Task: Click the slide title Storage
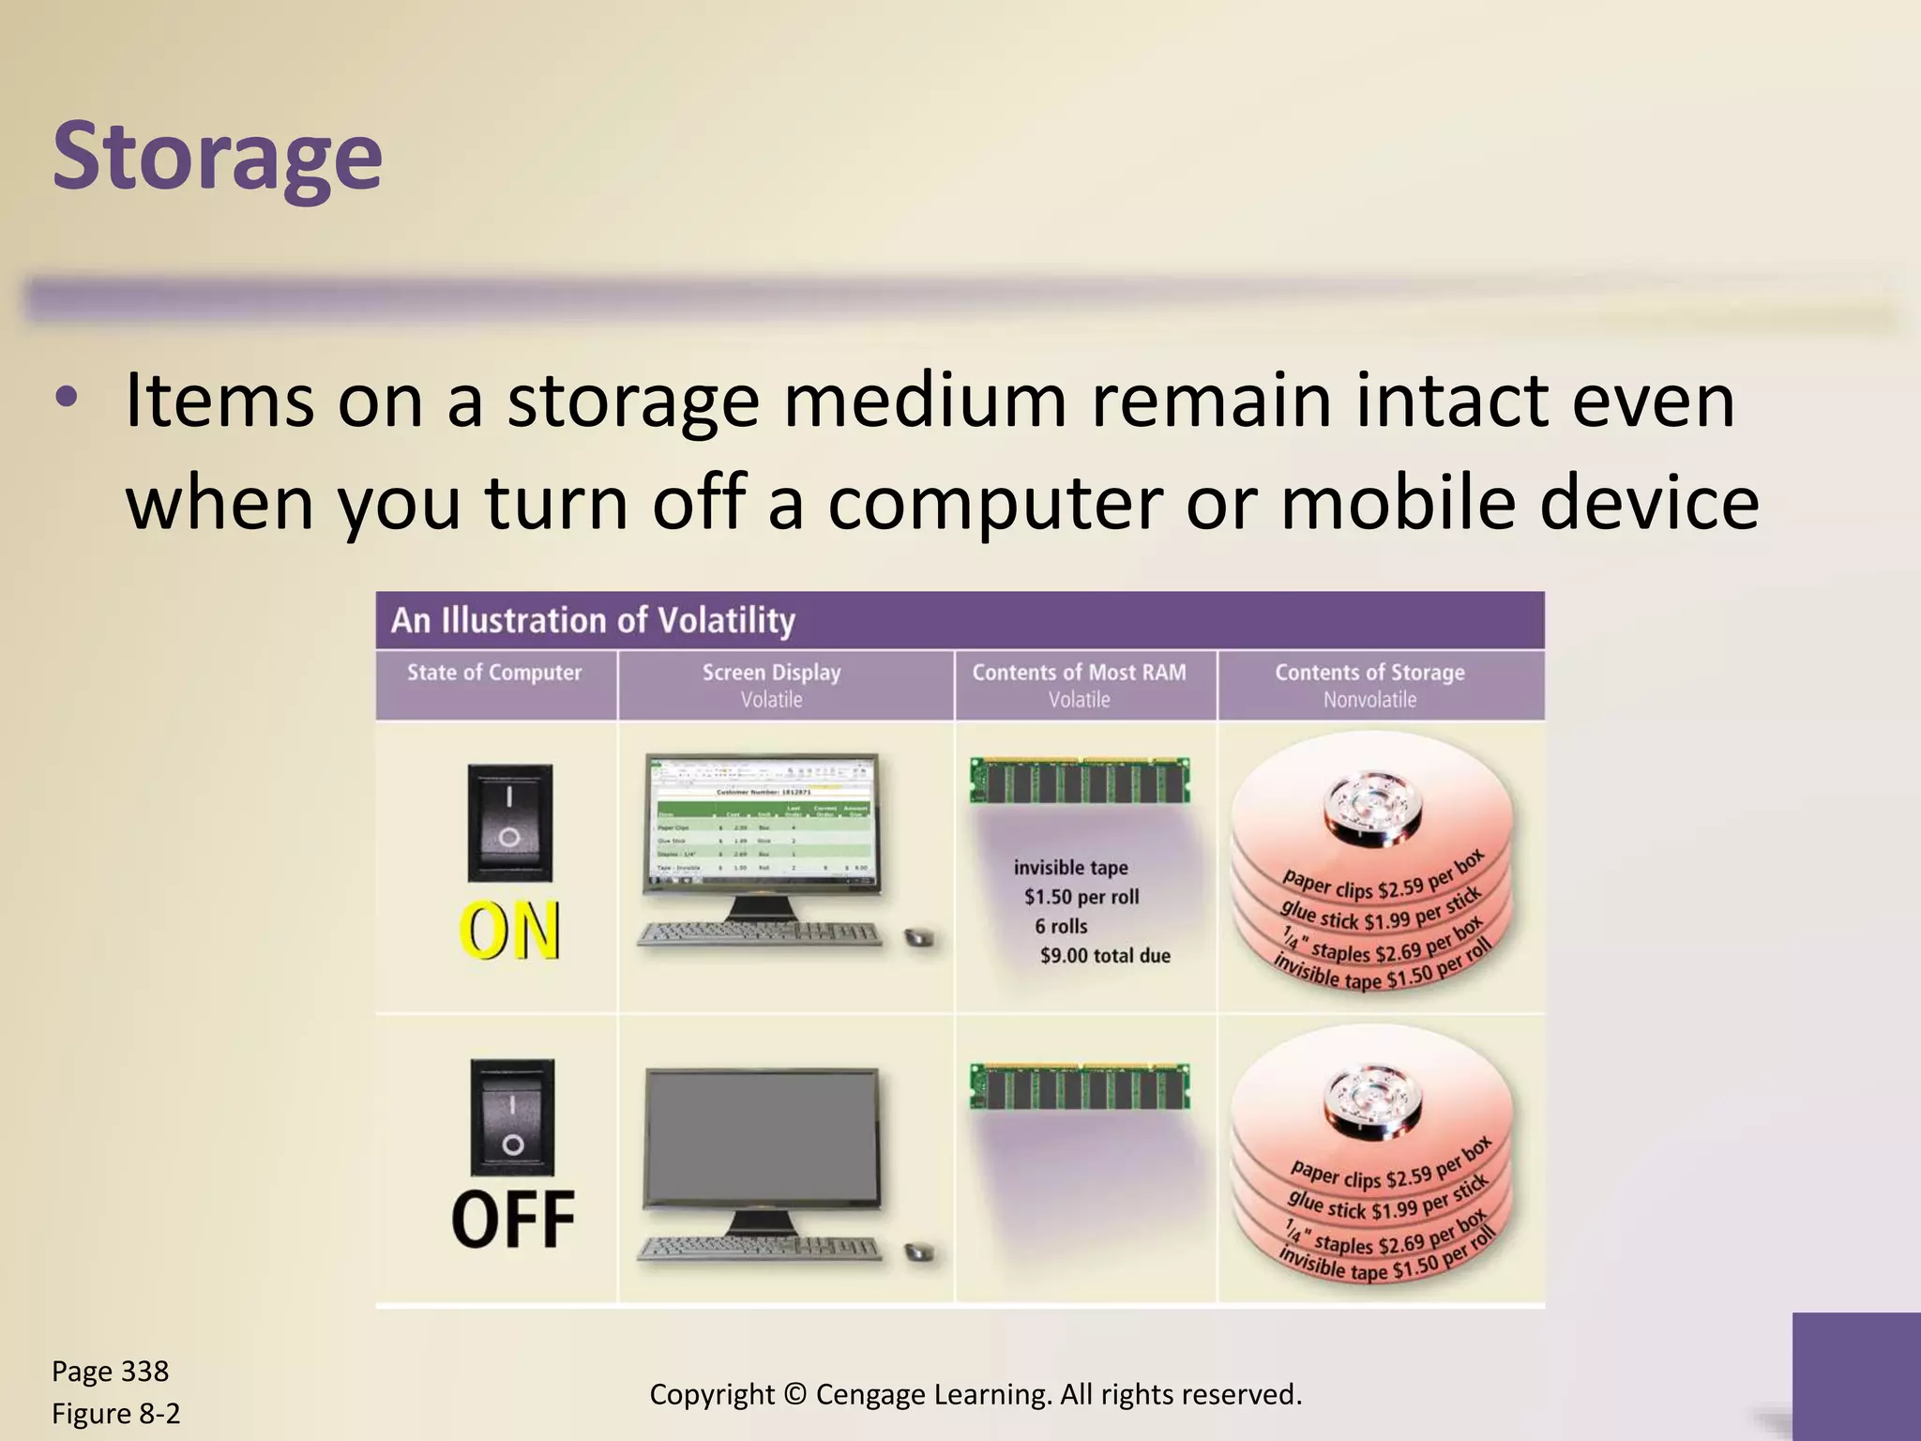tap(218, 155)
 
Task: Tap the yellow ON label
tap(510, 931)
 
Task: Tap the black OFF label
tap(512, 1220)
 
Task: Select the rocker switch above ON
tap(510, 822)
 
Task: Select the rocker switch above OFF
tap(512, 1116)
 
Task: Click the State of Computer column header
tap(494, 673)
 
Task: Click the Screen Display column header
tap(771, 673)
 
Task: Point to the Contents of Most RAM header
tap(1079, 673)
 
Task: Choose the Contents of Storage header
tap(1369, 673)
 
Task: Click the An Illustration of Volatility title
tap(593, 620)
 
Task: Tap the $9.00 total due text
tap(1105, 956)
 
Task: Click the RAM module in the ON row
tap(1080, 780)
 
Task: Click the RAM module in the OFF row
tap(1080, 1086)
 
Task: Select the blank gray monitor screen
tap(762, 1138)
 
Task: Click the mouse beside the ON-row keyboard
tap(919, 937)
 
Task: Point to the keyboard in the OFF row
tap(760, 1249)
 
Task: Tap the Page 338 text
tap(110, 1372)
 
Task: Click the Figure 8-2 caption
tap(115, 1414)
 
